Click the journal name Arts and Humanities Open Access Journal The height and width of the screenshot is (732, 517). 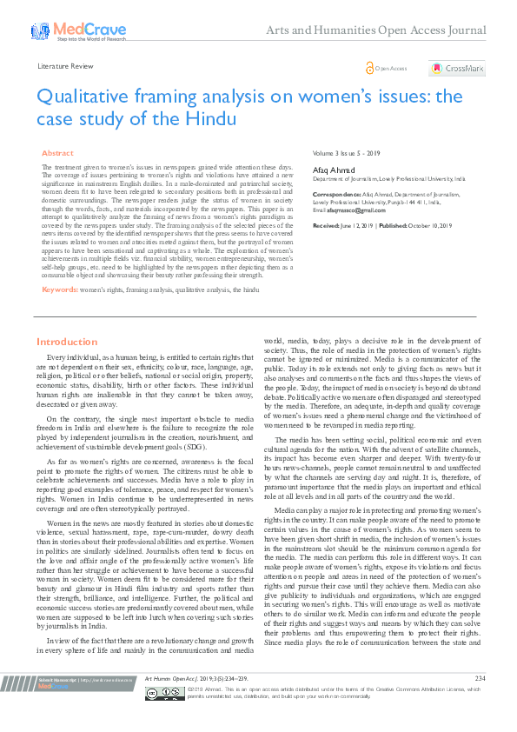coord(388,31)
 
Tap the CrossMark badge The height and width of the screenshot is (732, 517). coord(457,68)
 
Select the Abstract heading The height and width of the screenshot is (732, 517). coord(57,152)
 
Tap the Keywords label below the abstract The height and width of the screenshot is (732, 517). coord(60,289)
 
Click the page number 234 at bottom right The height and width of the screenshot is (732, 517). coord(480,701)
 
